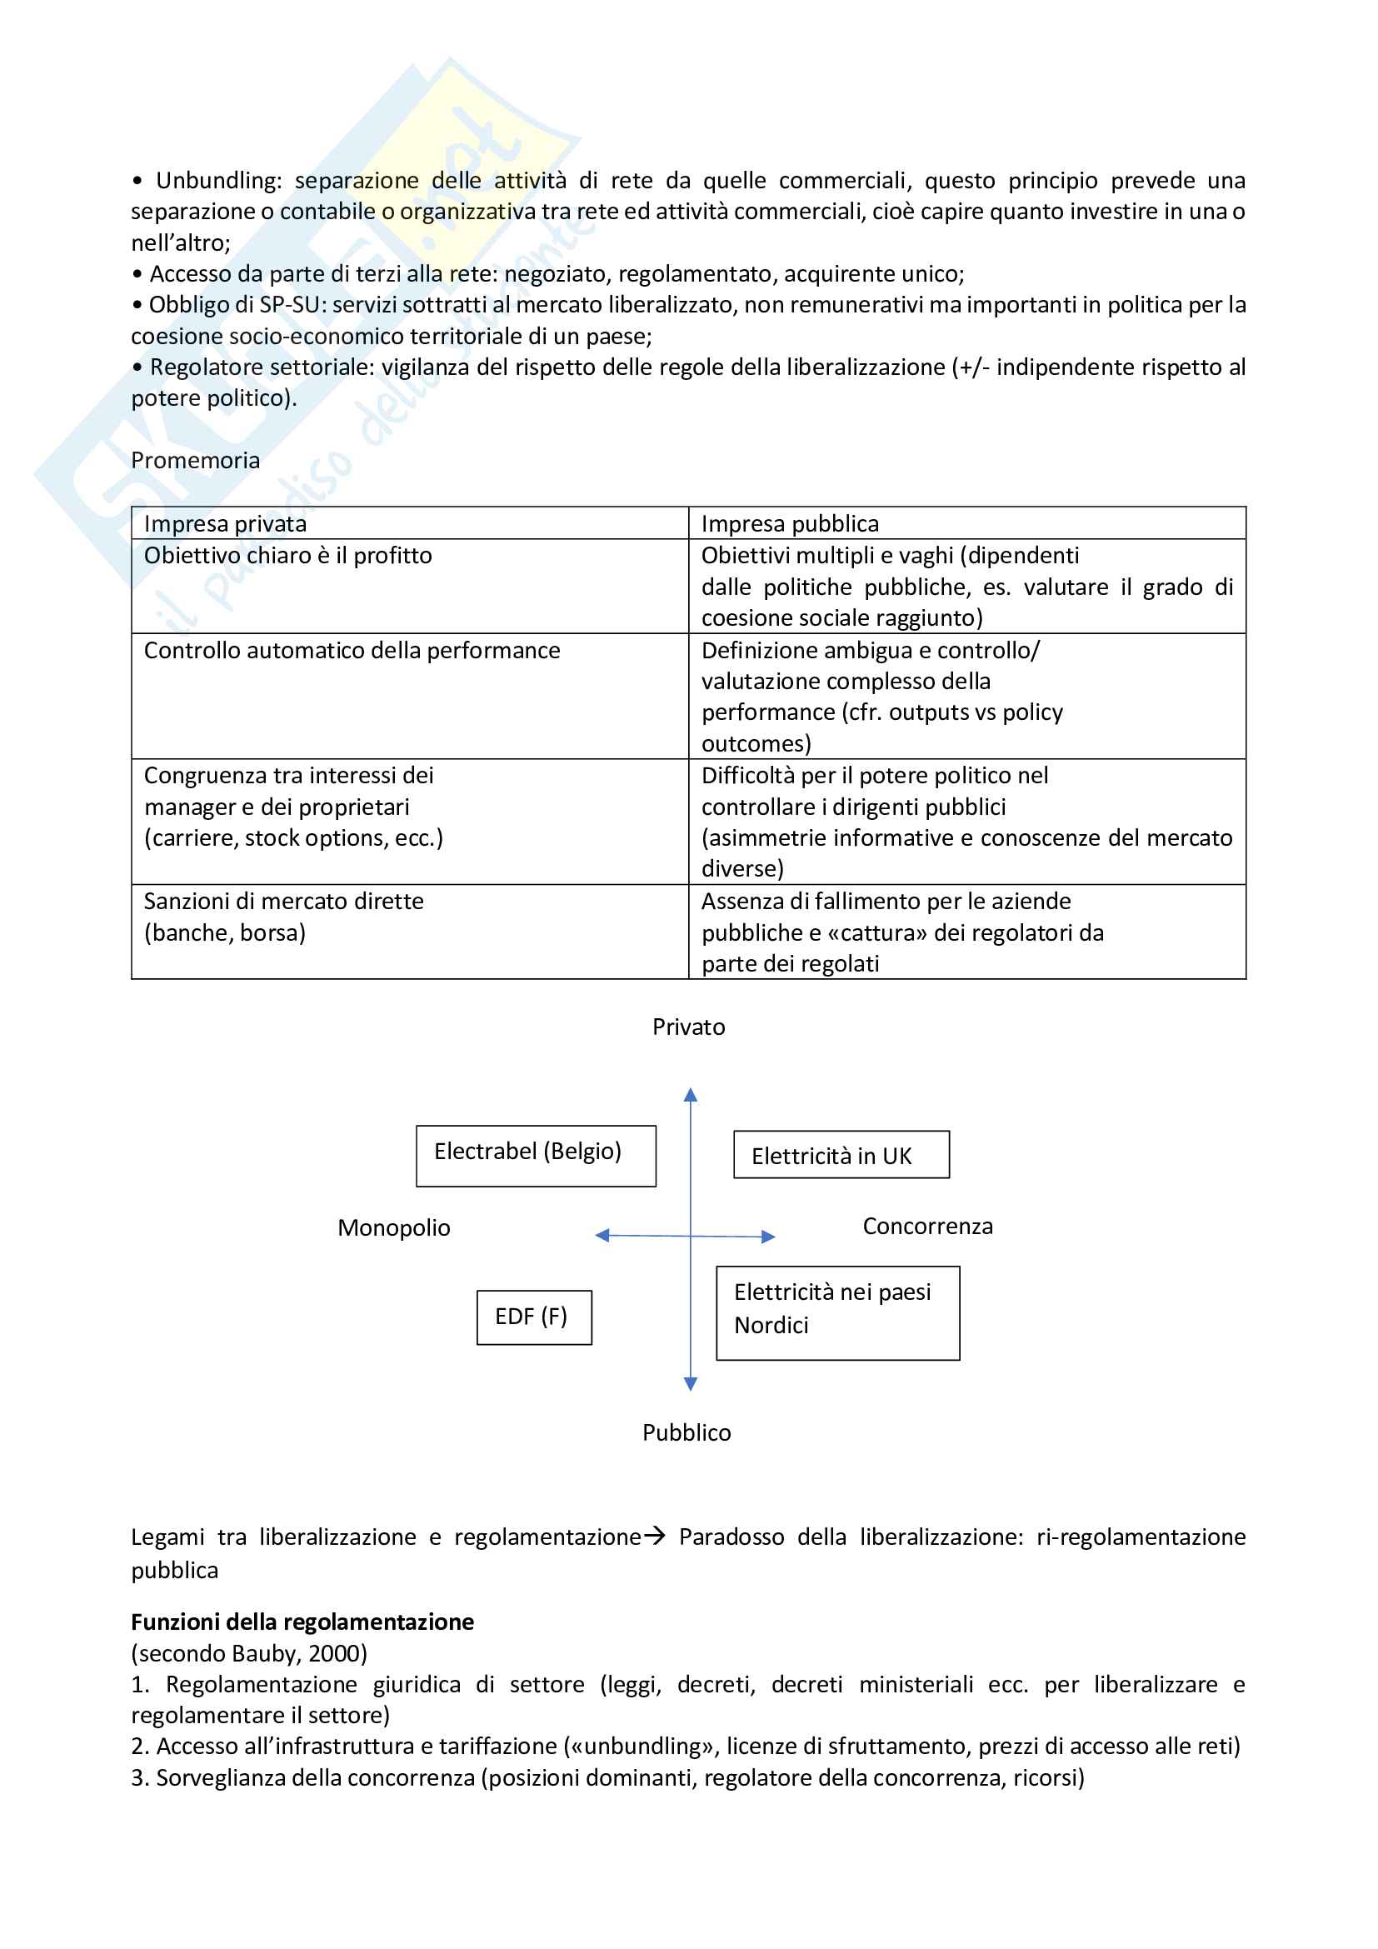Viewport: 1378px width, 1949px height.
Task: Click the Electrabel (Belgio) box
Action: tap(536, 1155)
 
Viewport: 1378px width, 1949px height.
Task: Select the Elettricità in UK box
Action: tap(841, 1154)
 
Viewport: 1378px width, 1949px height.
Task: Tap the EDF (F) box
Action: tap(534, 1317)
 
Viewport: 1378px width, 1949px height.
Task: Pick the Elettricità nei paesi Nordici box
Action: tap(837, 1312)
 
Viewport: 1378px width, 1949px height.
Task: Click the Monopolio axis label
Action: tap(394, 1227)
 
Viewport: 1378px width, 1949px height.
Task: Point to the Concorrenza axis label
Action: tap(927, 1226)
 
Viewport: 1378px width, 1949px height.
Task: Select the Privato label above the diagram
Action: tap(688, 1027)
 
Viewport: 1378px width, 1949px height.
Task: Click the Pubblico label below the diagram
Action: tap(687, 1432)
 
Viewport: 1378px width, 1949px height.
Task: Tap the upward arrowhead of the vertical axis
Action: tap(691, 1095)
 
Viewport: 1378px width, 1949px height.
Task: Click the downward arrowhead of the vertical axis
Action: tap(691, 1384)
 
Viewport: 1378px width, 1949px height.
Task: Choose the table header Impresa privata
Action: tap(225, 524)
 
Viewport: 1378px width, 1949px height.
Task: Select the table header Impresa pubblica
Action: tap(789, 524)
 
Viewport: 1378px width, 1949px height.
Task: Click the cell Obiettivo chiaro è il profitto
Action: tap(287, 555)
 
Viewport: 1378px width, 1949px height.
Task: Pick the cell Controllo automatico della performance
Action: tap(352, 650)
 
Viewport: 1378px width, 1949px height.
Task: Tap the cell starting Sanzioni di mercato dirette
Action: tap(283, 902)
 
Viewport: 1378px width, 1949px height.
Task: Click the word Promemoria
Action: tap(195, 460)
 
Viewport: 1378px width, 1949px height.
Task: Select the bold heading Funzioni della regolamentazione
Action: tap(302, 1622)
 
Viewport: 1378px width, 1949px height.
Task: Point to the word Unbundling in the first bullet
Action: tap(217, 181)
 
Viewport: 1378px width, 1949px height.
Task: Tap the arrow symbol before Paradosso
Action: tap(654, 1536)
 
